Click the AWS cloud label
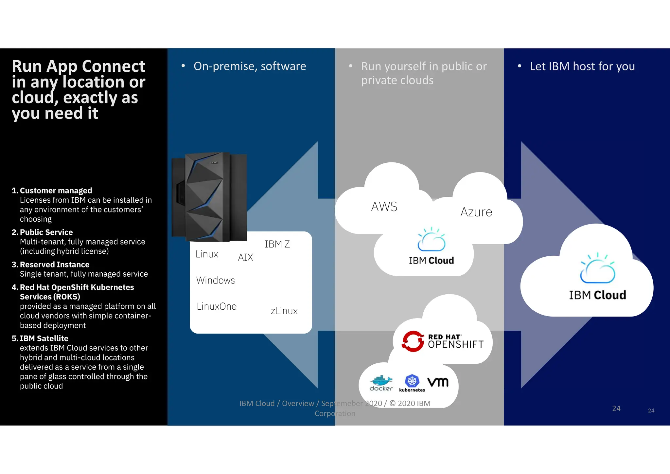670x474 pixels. pyautogui.click(x=384, y=207)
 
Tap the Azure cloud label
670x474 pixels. pyautogui.click(x=476, y=212)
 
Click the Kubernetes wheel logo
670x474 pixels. pyautogui.click(x=412, y=381)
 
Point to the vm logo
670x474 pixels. pyautogui.click(x=438, y=382)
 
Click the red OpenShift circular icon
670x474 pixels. pyautogui.click(x=413, y=341)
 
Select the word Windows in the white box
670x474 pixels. pyautogui.click(x=215, y=280)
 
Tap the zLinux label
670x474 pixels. pyautogui.click(x=284, y=311)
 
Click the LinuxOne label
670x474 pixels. pyautogui.click(x=217, y=306)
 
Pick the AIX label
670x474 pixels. pyautogui.click(x=245, y=257)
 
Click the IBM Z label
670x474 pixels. pyautogui.click(x=277, y=244)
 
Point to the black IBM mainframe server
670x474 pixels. pyautogui.click(x=209, y=196)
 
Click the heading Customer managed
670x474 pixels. pyautogui.click(x=56, y=191)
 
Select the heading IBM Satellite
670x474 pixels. pyautogui.click(x=44, y=338)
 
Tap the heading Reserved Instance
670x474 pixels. pyautogui.click(x=54, y=264)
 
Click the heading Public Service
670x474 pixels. pyautogui.click(x=46, y=232)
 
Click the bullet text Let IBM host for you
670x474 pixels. pyautogui.click(x=582, y=66)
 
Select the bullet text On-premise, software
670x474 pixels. pyautogui.click(x=250, y=66)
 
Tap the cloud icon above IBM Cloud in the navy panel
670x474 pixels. pyautogui.click(x=597, y=268)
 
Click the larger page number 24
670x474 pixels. pyautogui.click(x=616, y=408)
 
